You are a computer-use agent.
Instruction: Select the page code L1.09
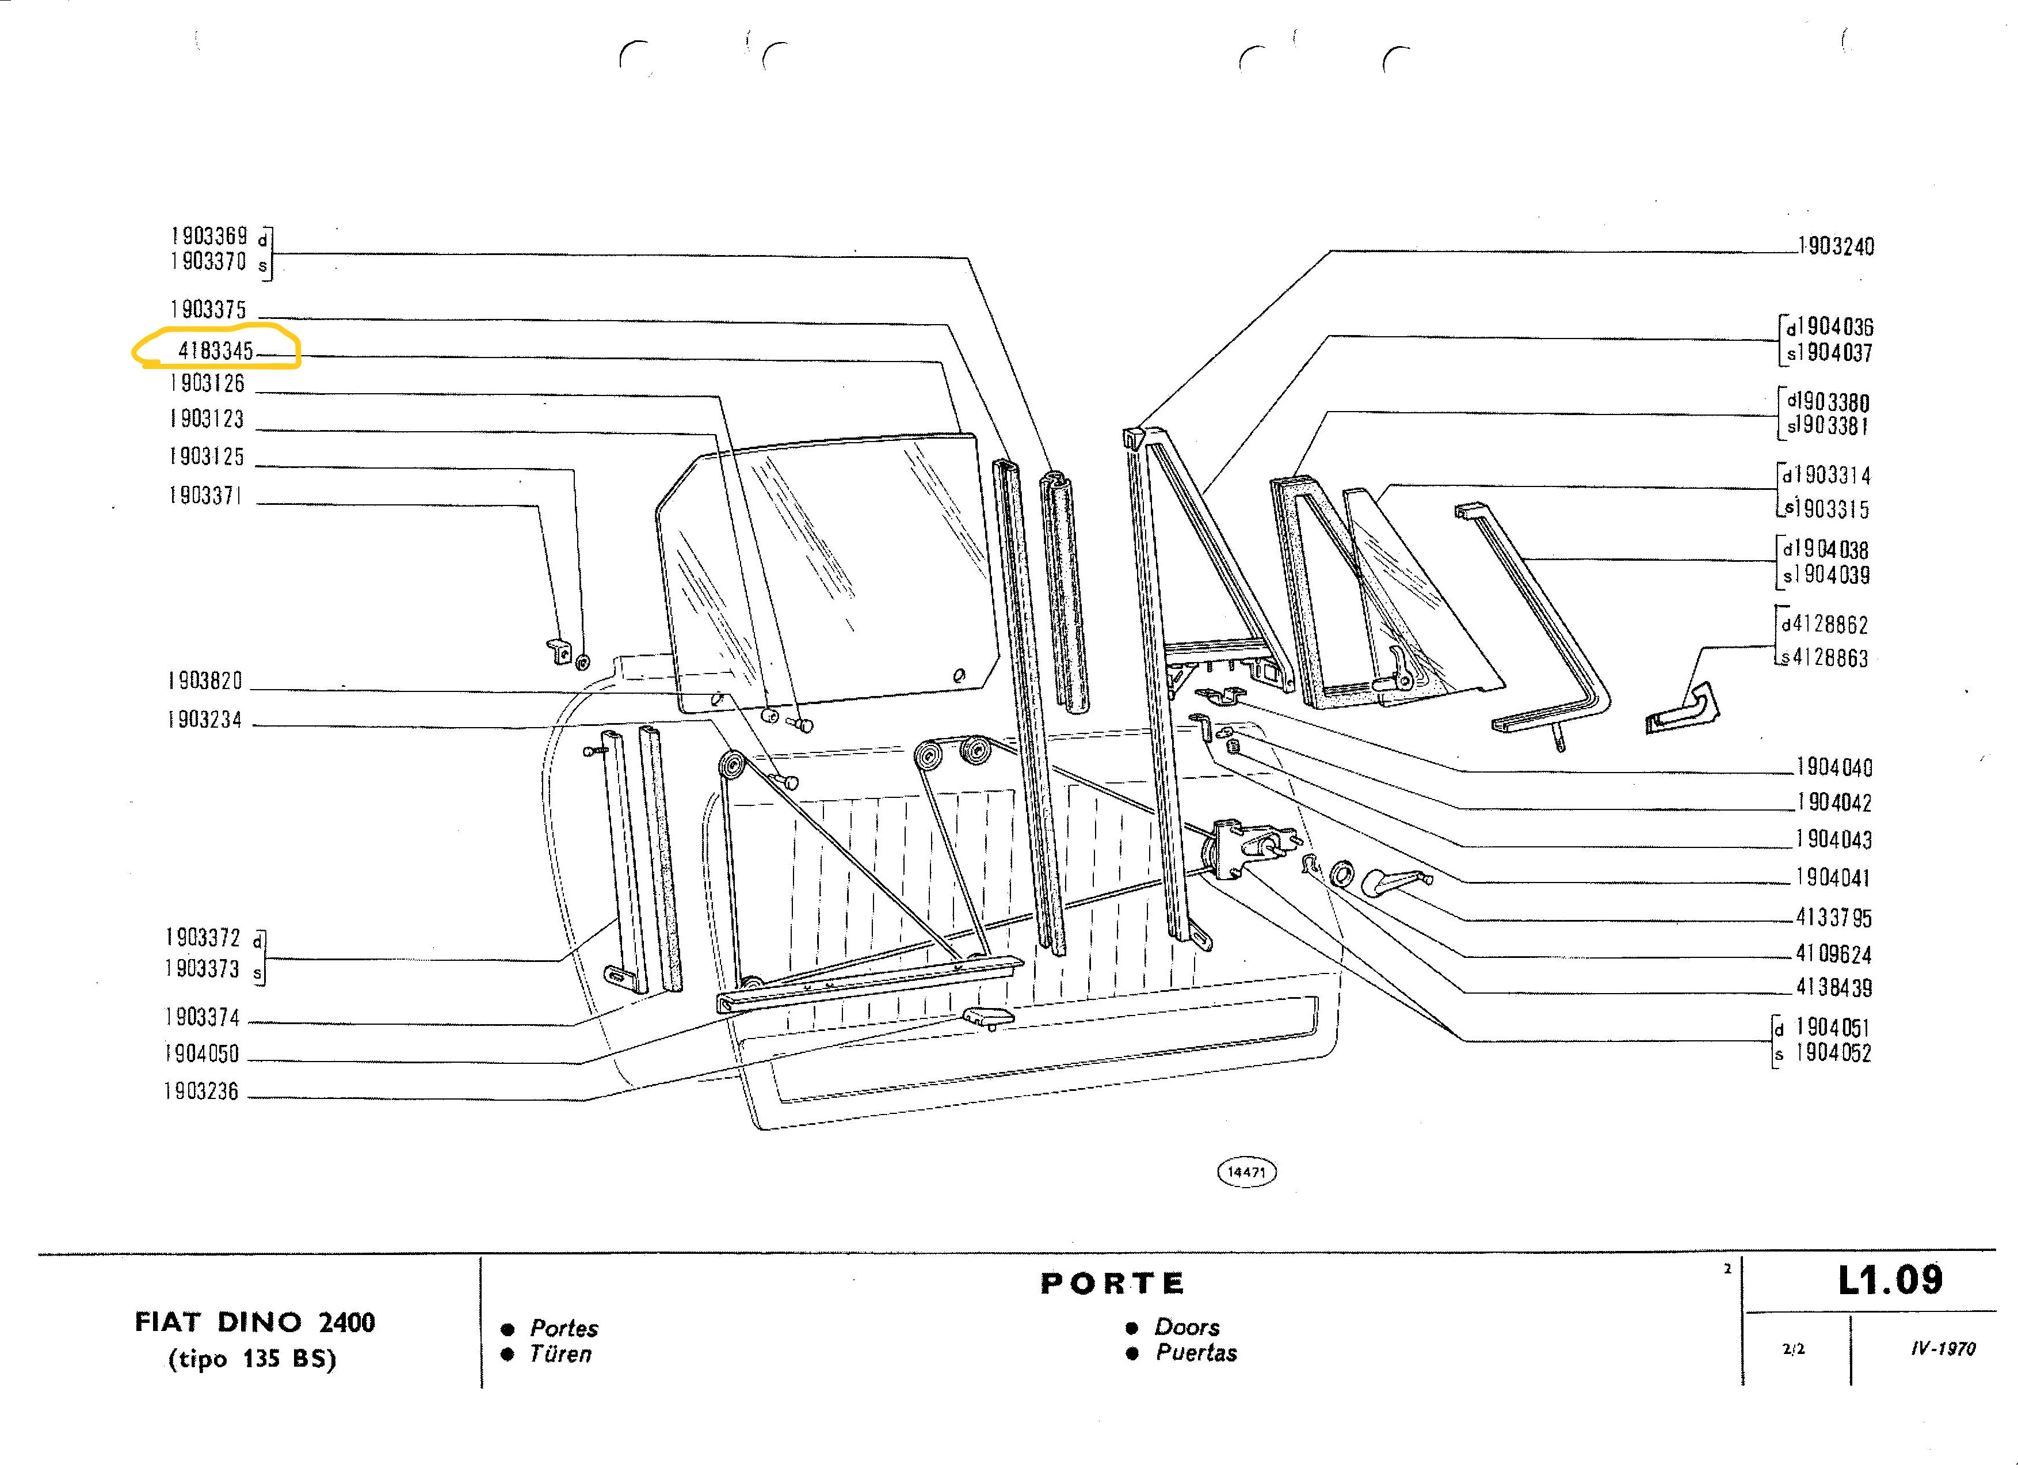coord(1890,1279)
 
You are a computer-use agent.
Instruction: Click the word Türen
coord(560,1353)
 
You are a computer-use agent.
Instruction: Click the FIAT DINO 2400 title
coord(254,1321)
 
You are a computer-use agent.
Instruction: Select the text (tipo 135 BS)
coord(253,1359)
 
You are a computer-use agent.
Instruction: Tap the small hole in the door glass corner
coord(958,676)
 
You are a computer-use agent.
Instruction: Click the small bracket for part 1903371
coord(558,650)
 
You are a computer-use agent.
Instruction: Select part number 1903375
coord(208,309)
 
